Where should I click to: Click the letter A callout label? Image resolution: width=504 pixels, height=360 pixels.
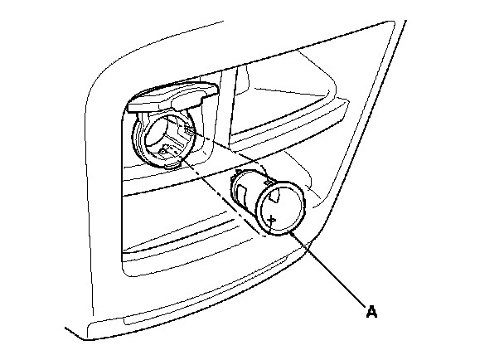pyautogui.click(x=372, y=312)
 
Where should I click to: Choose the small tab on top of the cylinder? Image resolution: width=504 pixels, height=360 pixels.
pyautogui.click(x=265, y=177)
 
